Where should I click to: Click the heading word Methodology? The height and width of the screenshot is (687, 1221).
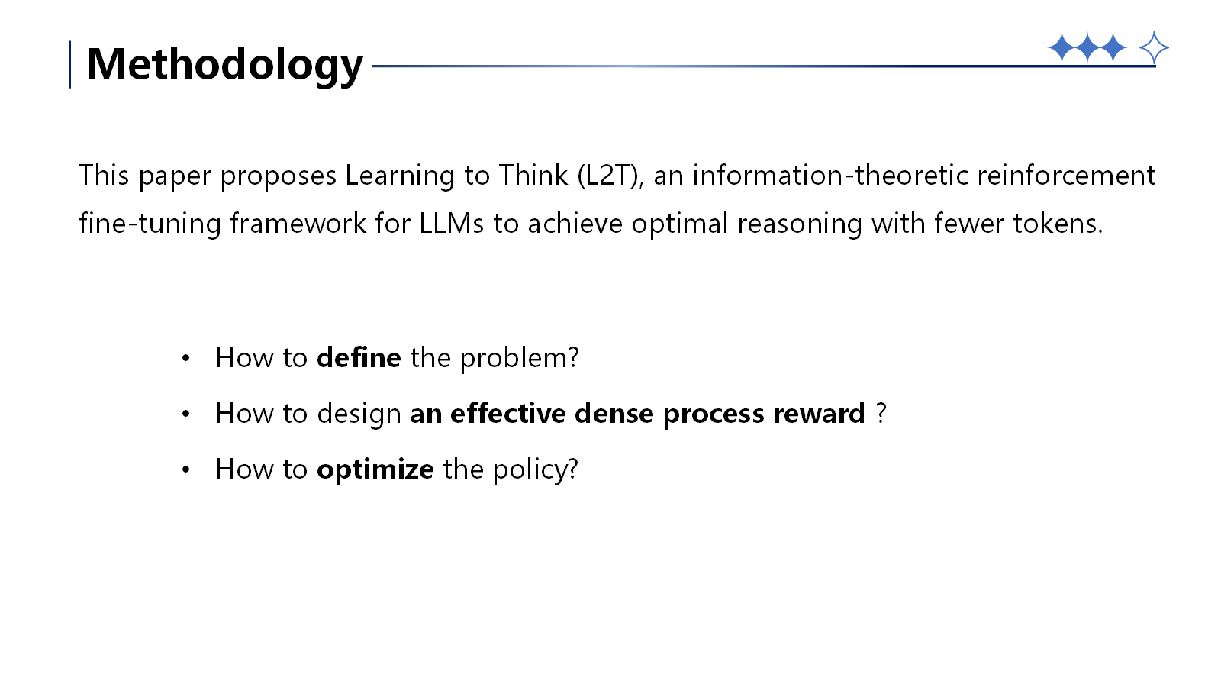click(x=224, y=64)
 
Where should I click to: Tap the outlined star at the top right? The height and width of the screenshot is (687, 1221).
click(x=1153, y=48)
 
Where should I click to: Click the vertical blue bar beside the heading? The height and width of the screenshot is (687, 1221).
click(x=70, y=64)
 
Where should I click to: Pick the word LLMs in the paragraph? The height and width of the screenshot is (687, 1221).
click(x=451, y=224)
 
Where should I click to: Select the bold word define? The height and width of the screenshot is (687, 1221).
click(x=359, y=357)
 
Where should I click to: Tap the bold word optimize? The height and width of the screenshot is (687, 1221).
click(x=375, y=469)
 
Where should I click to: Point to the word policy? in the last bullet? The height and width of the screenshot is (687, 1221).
click(x=535, y=469)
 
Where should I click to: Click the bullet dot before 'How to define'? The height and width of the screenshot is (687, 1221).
click(x=185, y=358)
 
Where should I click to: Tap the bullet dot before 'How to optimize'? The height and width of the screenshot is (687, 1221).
click(x=185, y=469)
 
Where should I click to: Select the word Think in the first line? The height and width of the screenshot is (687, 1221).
click(x=533, y=176)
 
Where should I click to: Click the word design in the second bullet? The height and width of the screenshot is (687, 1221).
click(x=359, y=414)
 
